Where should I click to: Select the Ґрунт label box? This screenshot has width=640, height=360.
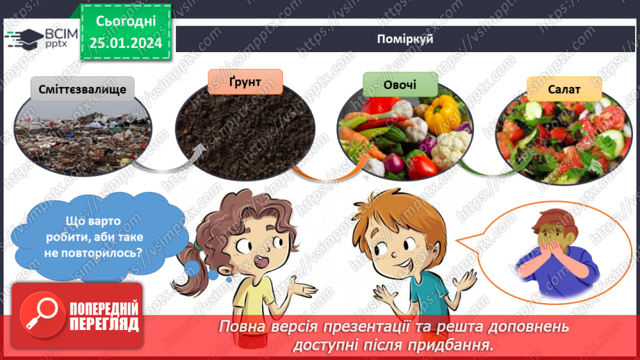coord(245,81)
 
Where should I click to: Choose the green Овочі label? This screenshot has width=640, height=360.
coord(400,85)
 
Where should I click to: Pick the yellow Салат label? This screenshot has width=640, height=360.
coord(564,89)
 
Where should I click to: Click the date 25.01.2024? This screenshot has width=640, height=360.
coord(125,43)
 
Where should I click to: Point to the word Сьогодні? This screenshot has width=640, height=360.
coord(125,21)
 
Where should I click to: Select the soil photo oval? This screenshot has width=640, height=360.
coord(245,132)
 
